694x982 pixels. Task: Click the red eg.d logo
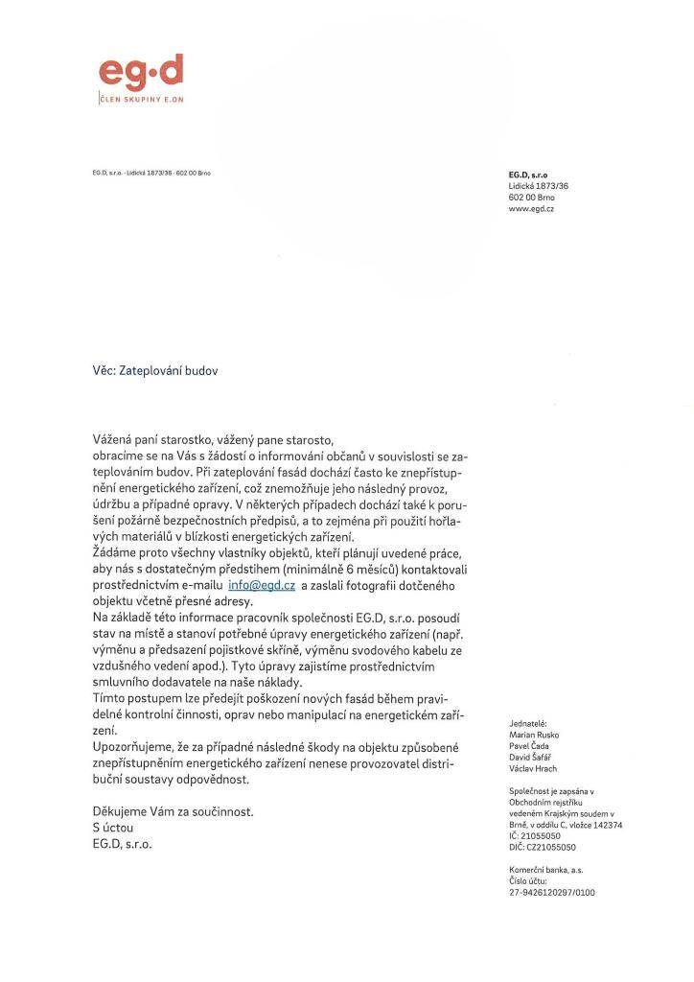pyautogui.click(x=140, y=73)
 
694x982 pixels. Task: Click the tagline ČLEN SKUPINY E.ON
pyautogui.click(x=141, y=100)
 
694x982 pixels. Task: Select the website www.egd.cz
pyautogui.click(x=531, y=207)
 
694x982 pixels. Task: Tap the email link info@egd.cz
pyautogui.click(x=262, y=584)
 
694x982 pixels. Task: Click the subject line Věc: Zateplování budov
pyautogui.click(x=154, y=368)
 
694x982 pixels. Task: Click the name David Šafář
pyautogui.click(x=531, y=756)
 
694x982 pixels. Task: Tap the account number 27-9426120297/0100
pyautogui.click(x=552, y=892)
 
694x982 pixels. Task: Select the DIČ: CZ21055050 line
pyautogui.click(x=543, y=848)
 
